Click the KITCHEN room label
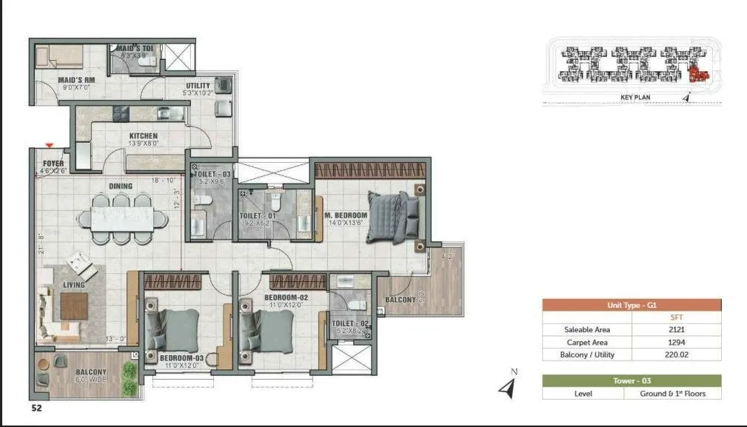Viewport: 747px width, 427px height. pos(144,136)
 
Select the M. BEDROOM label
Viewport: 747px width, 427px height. pos(346,216)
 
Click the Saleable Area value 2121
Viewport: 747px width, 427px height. pos(674,329)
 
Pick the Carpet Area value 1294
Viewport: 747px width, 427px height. pos(674,342)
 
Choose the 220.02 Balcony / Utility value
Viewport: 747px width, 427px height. pos(674,354)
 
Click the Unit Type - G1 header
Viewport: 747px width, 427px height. pos(632,305)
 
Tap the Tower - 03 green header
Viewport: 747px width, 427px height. pos(632,380)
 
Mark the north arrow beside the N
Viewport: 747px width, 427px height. pos(506,387)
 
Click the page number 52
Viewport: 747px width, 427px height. pos(36,407)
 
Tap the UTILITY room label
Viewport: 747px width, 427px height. pos(198,86)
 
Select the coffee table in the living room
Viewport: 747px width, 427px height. pos(75,305)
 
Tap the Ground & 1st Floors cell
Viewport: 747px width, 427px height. pos(672,394)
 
